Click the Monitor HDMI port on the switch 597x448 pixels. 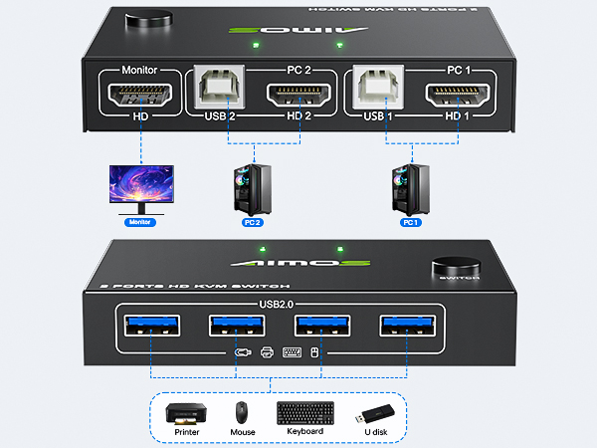click(x=138, y=97)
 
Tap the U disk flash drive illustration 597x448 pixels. click(x=376, y=410)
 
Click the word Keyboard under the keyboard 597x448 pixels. click(x=305, y=431)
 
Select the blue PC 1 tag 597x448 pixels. click(x=412, y=223)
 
